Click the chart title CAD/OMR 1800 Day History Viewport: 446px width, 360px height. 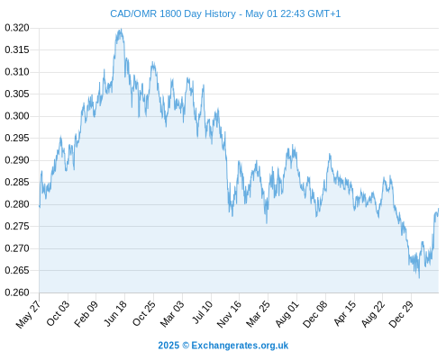point(173,13)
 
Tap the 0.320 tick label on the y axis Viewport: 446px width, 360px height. point(17,28)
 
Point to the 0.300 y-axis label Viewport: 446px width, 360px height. point(17,116)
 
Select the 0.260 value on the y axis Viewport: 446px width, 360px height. point(17,292)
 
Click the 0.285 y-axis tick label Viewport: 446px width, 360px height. point(17,182)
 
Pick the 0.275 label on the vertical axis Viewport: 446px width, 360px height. point(17,226)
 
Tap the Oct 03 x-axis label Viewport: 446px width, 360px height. point(58,313)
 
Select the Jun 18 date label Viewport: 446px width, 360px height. point(115,313)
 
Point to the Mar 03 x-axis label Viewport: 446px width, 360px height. point(172,313)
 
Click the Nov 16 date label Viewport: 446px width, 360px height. point(229,314)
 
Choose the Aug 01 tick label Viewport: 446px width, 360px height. point(287,313)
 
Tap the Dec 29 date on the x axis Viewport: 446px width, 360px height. point(401,314)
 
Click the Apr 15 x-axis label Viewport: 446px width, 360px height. point(344,313)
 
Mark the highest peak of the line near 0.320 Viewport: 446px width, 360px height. point(121,29)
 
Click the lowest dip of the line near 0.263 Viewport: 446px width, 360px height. point(419,278)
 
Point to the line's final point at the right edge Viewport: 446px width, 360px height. point(438,209)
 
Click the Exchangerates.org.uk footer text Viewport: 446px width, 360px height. point(240,346)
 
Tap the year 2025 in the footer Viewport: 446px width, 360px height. point(168,346)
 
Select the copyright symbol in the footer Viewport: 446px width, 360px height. point(186,346)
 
